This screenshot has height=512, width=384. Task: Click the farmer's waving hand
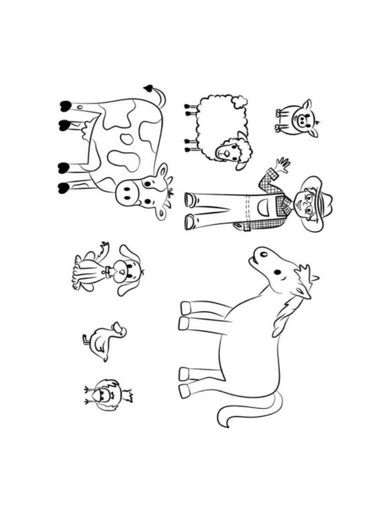pyautogui.click(x=281, y=165)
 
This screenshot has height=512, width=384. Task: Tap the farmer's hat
pyautogui.click(x=319, y=202)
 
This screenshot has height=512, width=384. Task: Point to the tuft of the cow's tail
pyautogui.click(x=148, y=88)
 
